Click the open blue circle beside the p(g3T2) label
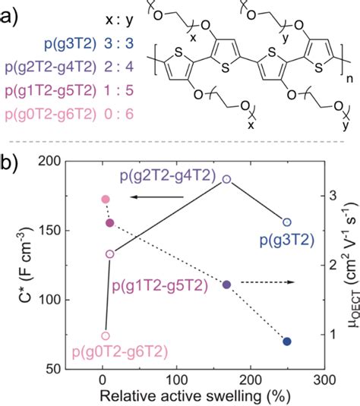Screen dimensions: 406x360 pyautogui.click(x=286, y=222)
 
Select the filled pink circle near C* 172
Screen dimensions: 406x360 pyautogui.click(x=106, y=200)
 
